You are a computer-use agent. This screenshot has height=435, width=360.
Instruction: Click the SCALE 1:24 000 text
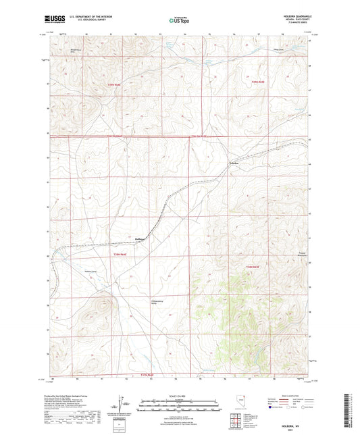pos(179,396)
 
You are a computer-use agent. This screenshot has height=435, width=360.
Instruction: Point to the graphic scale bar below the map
pos(179,404)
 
